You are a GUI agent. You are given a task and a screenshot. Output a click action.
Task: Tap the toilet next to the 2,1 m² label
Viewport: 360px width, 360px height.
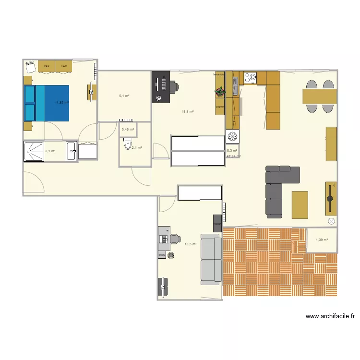coord(127,144)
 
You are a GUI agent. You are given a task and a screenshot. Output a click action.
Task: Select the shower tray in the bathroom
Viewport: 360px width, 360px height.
coord(33,152)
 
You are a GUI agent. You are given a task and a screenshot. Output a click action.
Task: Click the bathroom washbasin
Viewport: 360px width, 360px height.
coord(72,152)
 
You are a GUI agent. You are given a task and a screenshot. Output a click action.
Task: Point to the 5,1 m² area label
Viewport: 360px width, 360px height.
coord(124,96)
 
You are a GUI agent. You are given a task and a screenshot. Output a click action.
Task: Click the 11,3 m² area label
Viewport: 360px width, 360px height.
coord(187,112)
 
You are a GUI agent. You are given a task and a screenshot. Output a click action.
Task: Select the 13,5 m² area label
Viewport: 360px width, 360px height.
coord(190,244)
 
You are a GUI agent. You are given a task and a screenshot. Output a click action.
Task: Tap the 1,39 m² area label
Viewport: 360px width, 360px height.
coord(322,240)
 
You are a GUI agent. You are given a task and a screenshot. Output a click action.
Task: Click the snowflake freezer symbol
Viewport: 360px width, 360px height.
coord(232,136)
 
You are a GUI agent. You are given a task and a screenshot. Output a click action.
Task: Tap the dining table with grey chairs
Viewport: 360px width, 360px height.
coord(319,97)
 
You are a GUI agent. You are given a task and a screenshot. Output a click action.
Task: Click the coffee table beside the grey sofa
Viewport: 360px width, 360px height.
coord(300,204)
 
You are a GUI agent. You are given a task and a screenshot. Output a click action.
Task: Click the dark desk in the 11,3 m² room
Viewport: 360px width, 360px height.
coord(160,87)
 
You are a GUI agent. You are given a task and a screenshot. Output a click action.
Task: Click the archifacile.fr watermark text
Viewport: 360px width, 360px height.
coord(330,317)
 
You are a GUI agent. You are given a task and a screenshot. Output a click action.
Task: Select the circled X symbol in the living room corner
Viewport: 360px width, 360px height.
coord(331,221)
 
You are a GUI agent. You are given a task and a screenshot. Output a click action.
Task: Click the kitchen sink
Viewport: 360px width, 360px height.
coord(235,86)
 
